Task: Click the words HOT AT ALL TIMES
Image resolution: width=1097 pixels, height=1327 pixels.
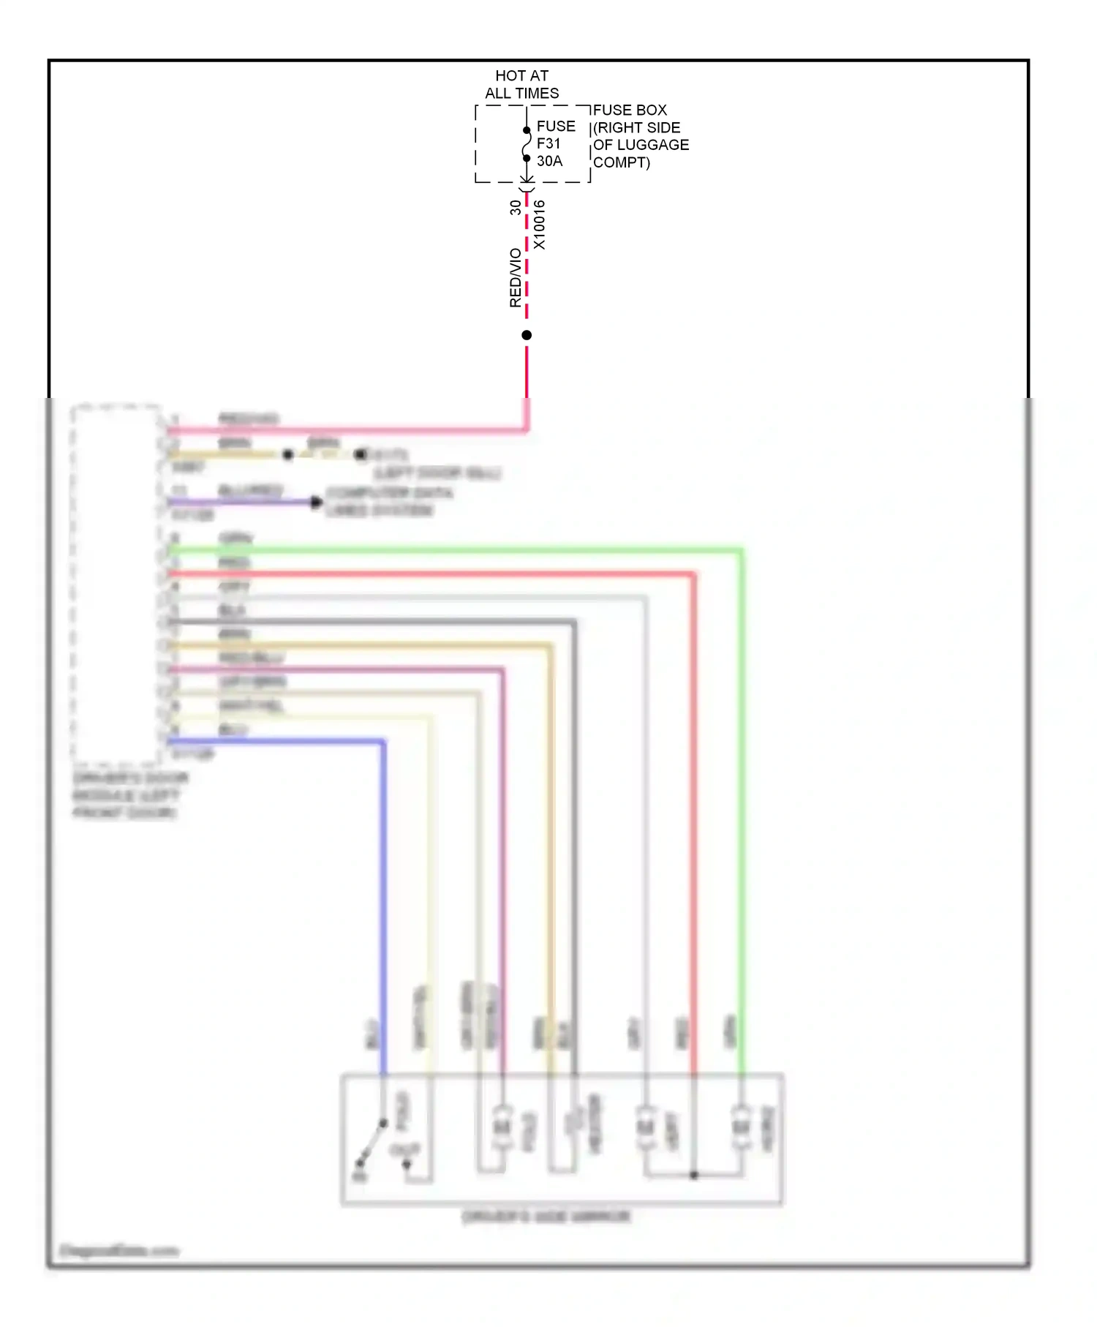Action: pos(521,84)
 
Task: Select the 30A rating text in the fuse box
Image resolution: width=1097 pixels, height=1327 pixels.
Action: pos(549,161)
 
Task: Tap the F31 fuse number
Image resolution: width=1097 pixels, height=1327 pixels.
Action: pos(548,143)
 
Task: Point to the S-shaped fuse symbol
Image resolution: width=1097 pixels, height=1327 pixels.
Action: pos(527,144)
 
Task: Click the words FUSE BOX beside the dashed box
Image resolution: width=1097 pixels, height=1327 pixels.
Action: pos(630,110)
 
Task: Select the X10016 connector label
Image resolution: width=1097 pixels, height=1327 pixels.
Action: pos(539,225)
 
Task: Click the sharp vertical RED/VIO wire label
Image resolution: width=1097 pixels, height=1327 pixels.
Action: pos(516,277)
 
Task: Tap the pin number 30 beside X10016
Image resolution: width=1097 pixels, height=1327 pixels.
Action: pos(516,207)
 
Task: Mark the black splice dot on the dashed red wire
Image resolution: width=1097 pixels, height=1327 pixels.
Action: pos(527,335)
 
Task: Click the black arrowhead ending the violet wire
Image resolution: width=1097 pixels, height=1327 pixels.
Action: pos(317,502)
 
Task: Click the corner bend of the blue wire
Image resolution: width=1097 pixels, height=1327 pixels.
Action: pos(382,743)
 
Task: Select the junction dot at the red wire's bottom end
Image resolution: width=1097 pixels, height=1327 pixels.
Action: pos(694,1175)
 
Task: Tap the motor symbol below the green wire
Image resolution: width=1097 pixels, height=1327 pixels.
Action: pos(741,1126)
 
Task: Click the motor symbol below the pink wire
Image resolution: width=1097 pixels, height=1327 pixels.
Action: pos(502,1126)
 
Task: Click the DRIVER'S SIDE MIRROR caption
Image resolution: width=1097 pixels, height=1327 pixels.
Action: pos(546,1216)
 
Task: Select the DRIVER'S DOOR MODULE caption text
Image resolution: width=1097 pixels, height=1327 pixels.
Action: pos(129,794)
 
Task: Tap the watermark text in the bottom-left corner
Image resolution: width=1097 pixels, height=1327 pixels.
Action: pos(118,1250)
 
